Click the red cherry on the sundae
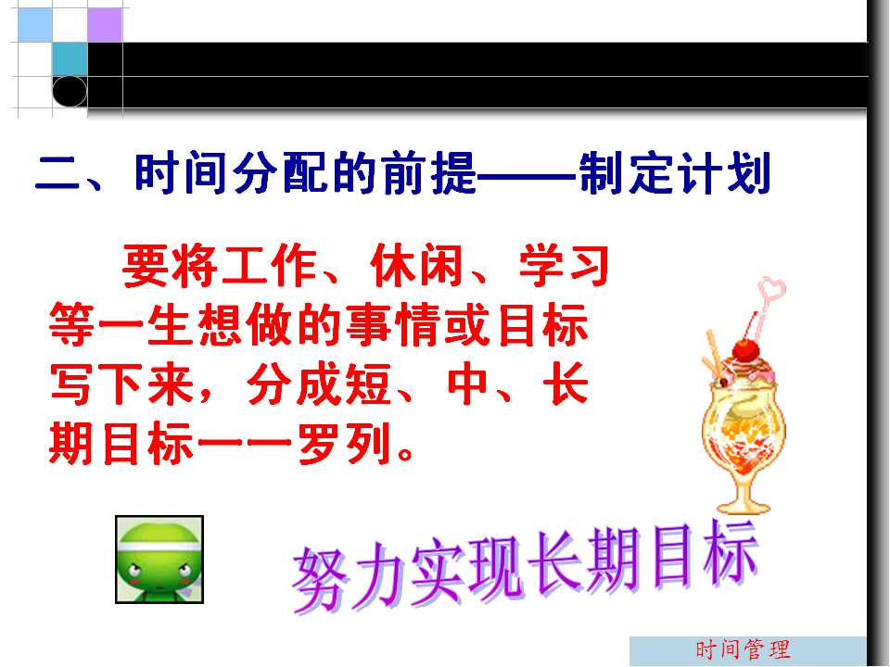coord(745,351)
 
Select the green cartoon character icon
coord(159,560)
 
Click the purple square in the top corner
coord(105,24)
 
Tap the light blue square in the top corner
coord(34,24)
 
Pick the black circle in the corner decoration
coord(70,91)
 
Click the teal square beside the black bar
coord(70,59)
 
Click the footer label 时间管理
coord(743,649)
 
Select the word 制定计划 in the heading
coord(675,173)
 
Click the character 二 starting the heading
coord(57,173)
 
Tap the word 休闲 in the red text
coord(416,266)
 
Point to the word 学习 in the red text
coord(565,266)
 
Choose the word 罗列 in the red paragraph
coord(345,444)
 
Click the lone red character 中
coord(467,384)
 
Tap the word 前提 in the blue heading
coord(429,173)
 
